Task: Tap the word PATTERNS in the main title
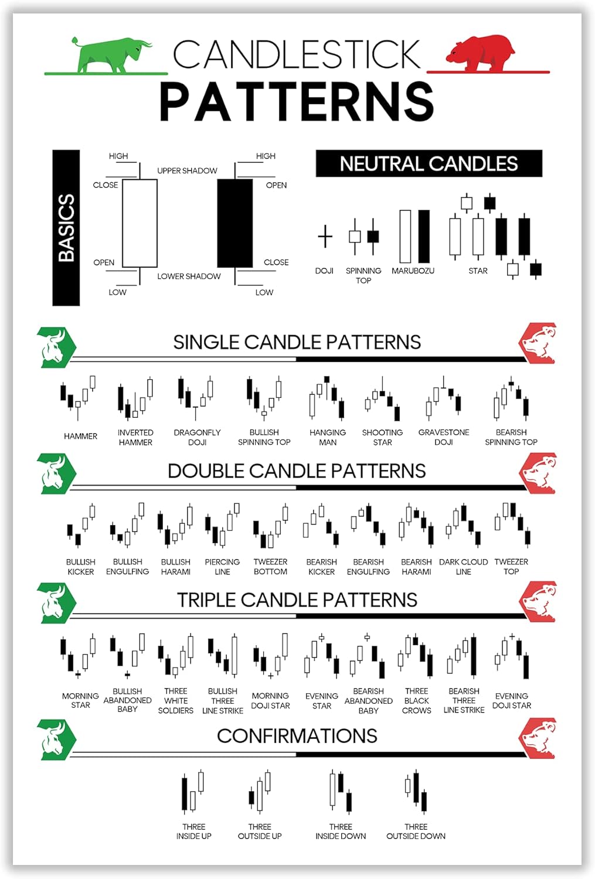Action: click(297, 101)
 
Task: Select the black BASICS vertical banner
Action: click(66, 227)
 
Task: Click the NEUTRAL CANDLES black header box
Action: click(429, 163)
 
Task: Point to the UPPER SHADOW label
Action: click(187, 171)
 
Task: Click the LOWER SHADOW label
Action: click(189, 276)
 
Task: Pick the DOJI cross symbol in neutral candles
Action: click(325, 237)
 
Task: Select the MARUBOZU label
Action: click(413, 271)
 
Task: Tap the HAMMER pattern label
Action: click(80, 436)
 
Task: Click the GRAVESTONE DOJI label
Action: click(444, 437)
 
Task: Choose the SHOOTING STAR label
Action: click(382, 437)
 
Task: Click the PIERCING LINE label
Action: click(222, 567)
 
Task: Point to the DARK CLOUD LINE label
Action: click(463, 567)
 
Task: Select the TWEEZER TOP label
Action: click(511, 567)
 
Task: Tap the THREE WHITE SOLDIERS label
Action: click(175, 701)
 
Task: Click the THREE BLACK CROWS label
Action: click(417, 701)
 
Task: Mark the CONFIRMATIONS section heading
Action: click(297, 736)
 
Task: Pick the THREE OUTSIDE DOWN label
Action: click(416, 832)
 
